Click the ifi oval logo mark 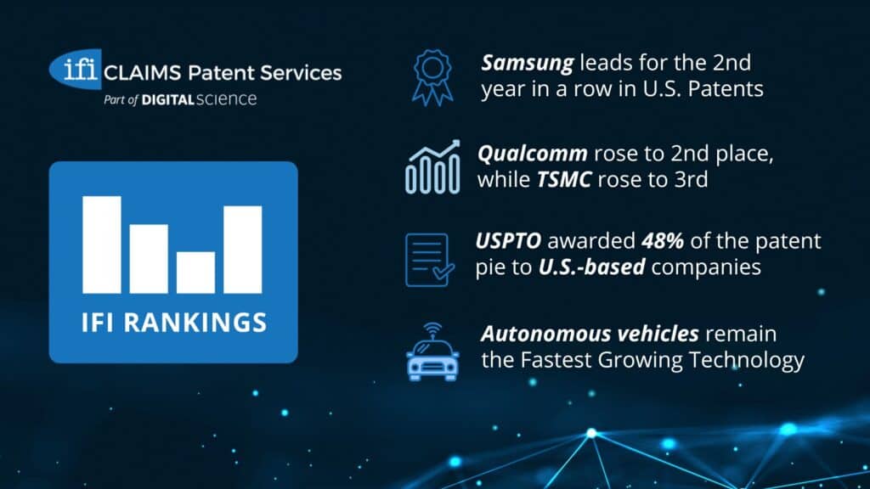pos(76,67)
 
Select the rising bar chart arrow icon pos(432,167)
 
